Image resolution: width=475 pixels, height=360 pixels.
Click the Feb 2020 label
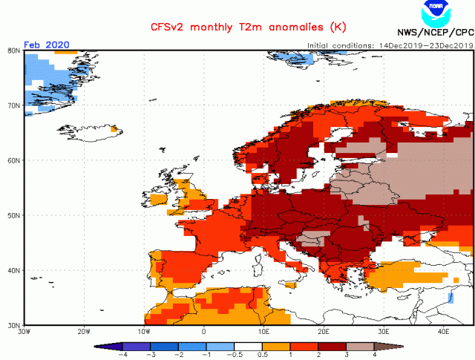[47, 45]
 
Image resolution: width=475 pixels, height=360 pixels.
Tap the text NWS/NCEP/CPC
[435, 33]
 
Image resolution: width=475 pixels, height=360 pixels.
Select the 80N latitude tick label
[13, 50]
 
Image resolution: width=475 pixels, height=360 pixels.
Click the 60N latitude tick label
[13, 160]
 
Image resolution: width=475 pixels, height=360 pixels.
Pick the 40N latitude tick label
[13, 270]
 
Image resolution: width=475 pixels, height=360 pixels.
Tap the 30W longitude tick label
[23, 331]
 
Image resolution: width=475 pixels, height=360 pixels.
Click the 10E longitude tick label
[263, 331]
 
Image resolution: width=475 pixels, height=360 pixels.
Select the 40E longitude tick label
[444, 331]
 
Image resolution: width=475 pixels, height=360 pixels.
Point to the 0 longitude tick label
[203, 331]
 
